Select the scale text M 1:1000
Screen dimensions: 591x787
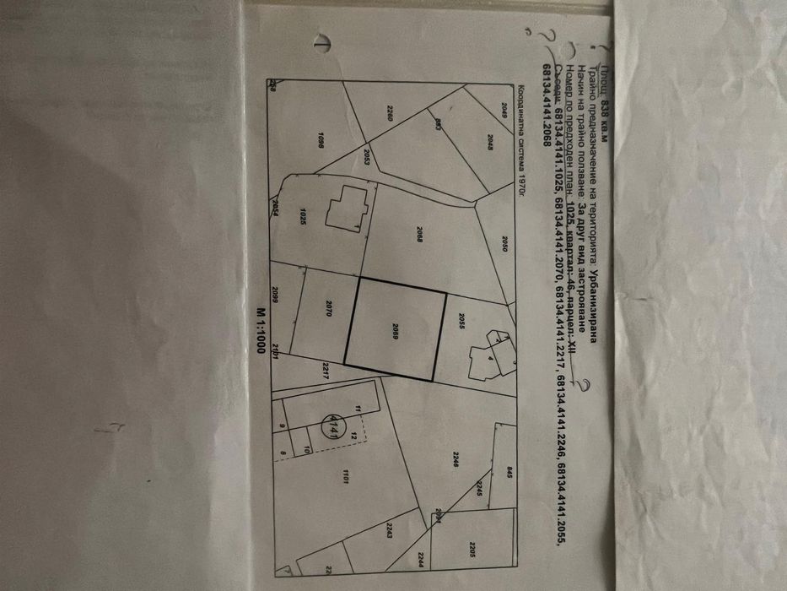pos(261,333)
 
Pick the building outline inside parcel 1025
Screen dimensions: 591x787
pos(348,206)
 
